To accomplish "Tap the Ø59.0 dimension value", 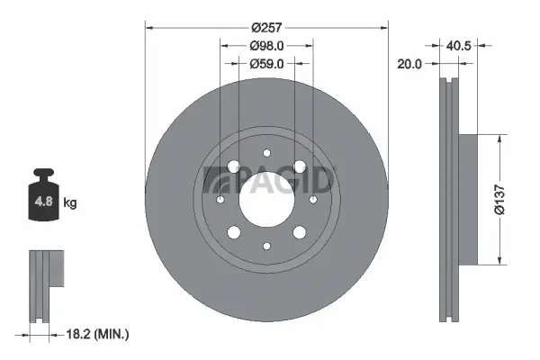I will (x=266, y=64).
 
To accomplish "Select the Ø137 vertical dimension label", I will (x=511, y=200).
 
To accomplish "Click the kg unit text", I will (x=70, y=203).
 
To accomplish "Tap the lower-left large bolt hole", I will (x=235, y=232).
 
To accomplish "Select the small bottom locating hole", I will (x=266, y=246).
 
